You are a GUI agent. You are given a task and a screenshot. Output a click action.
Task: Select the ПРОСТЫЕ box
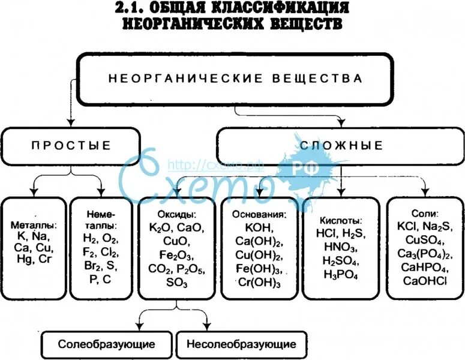pyautogui.click(x=71, y=145)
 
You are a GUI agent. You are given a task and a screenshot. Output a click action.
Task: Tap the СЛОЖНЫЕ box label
pyautogui.click(x=341, y=146)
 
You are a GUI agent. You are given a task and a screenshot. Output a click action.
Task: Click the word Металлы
pyautogui.click(x=35, y=225)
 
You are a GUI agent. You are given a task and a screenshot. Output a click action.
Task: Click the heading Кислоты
pyautogui.click(x=340, y=220)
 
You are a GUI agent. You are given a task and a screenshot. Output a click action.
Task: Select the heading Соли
pyautogui.click(x=425, y=213)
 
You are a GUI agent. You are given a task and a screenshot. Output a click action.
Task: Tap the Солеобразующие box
pyautogui.click(x=107, y=344)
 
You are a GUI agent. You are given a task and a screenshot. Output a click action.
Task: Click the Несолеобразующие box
pyautogui.click(x=241, y=344)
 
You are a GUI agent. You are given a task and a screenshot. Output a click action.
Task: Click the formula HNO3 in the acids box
pyautogui.click(x=340, y=247)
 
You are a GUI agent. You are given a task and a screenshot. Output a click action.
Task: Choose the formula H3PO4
pyautogui.click(x=340, y=274)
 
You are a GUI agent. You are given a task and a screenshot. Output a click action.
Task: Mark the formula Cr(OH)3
pyautogui.click(x=259, y=283)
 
